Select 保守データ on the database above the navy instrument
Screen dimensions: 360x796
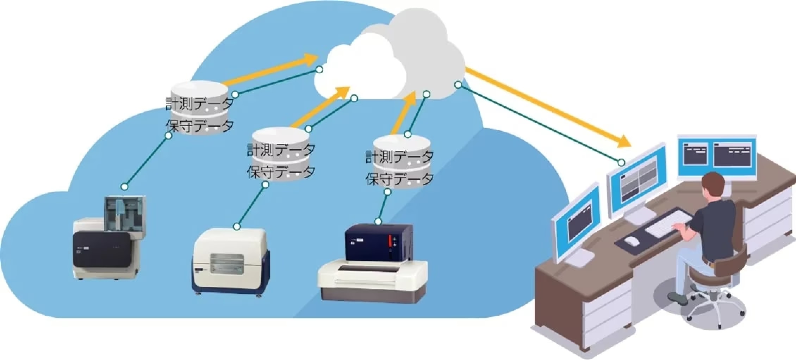point(399,179)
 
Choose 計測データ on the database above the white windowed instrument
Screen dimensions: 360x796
point(281,150)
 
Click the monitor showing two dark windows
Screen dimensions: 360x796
point(717,156)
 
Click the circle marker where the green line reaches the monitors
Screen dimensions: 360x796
point(621,162)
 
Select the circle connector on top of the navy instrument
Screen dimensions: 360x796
point(378,222)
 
